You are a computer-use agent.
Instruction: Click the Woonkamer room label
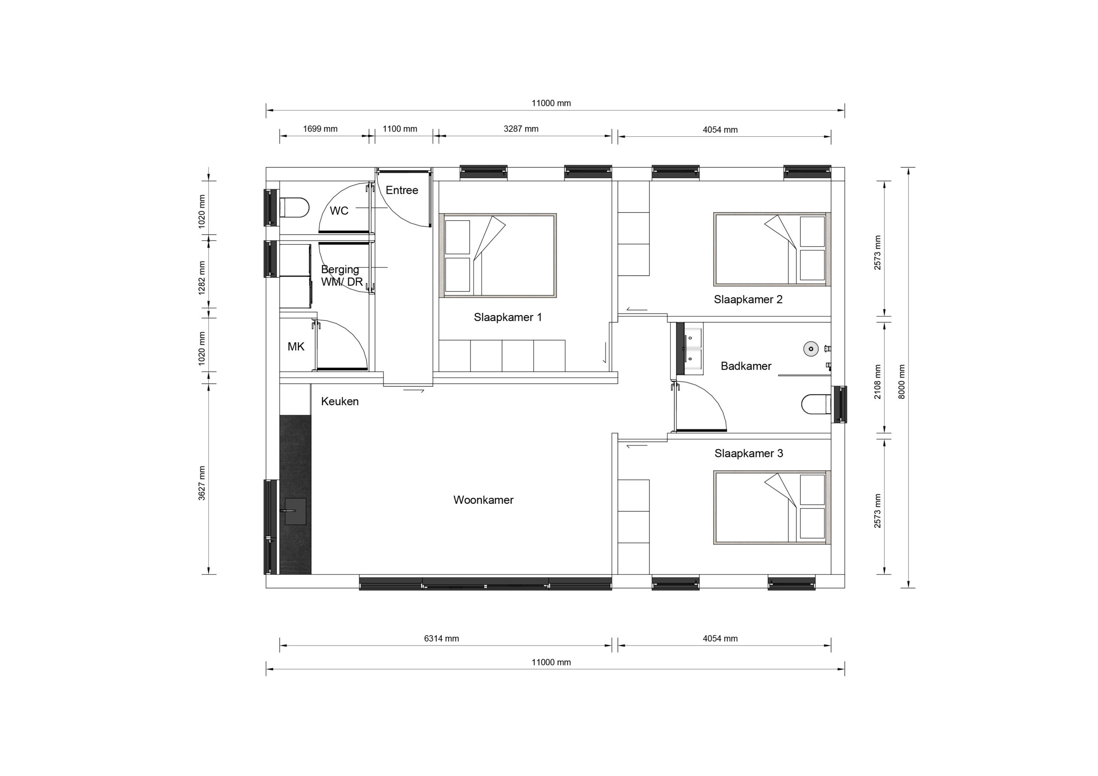point(483,500)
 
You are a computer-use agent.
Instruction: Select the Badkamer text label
point(745,366)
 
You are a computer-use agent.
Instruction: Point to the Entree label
point(402,190)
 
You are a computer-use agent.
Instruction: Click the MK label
point(296,347)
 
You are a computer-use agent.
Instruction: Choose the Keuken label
point(340,402)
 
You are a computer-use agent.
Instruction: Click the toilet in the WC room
point(295,208)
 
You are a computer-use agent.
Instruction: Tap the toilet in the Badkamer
point(816,404)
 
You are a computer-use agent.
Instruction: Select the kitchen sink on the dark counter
point(295,511)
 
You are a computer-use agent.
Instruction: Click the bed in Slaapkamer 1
point(498,256)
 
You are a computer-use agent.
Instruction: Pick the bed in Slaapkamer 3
point(772,508)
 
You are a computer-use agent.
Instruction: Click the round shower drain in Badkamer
point(811,349)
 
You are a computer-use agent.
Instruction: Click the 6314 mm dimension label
point(441,639)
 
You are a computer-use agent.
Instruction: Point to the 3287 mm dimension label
point(521,129)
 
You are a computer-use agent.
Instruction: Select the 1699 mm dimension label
point(320,129)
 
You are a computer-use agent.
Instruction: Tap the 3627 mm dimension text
point(202,483)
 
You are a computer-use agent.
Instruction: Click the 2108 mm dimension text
point(878,382)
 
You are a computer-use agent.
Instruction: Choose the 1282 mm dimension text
point(202,278)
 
